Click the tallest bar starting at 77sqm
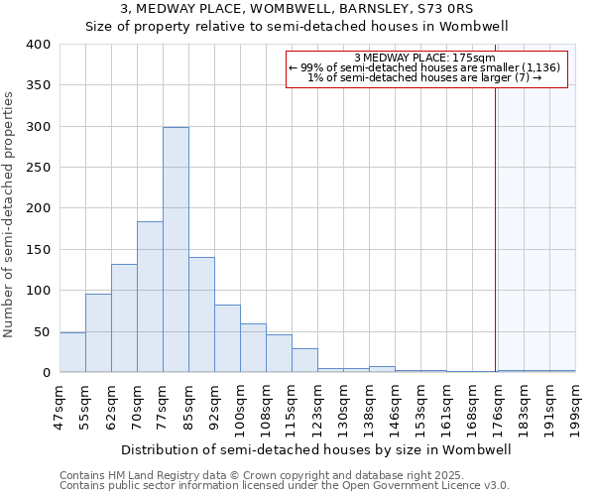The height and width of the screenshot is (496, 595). click(x=176, y=250)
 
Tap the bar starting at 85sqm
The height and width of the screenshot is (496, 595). click(x=201, y=314)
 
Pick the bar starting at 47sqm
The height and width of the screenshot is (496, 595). click(x=72, y=352)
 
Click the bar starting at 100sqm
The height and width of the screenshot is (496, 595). click(x=253, y=348)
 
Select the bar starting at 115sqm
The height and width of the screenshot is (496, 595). click(x=304, y=360)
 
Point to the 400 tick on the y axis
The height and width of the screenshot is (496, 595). click(x=38, y=45)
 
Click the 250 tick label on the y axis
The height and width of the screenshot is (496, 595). click(x=38, y=168)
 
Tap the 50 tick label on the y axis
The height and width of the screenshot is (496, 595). click(x=42, y=331)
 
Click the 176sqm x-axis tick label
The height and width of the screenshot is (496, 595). click(x=498, y=408)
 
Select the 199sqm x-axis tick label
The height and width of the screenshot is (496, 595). click(x=575, y=408)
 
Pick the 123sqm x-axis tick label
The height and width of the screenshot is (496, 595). click(x=317, y=408)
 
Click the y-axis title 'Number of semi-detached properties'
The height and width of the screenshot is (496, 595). click(x=9, y=214)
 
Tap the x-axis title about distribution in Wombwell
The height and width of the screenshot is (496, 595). click(x=316, y=449)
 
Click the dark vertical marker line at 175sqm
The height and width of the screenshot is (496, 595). click(x=495, y=228)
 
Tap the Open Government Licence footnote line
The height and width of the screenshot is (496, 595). click(x=285, y=486)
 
